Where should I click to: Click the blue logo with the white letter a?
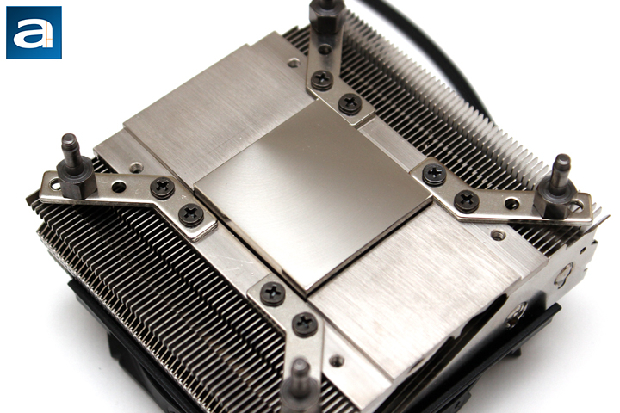click(x=34, y=33)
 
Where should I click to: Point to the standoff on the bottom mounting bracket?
click(x=301, y=385)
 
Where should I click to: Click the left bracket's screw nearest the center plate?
click(x=191, y=215)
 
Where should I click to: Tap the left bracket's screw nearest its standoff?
click(x=163, y=188)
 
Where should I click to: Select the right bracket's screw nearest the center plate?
click(x=434, y=175)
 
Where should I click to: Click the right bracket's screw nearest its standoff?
click(x=467, y=201)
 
